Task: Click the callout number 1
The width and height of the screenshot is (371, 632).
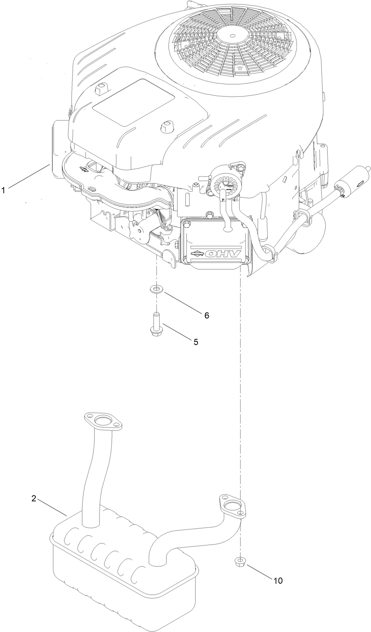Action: pos(3,190)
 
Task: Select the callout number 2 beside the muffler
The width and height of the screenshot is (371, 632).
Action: pos(34,498)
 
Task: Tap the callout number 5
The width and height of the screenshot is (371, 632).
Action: pos(196,342)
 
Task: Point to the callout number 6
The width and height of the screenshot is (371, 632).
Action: pos(206,315)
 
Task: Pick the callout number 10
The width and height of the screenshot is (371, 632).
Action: pos(278,580)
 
